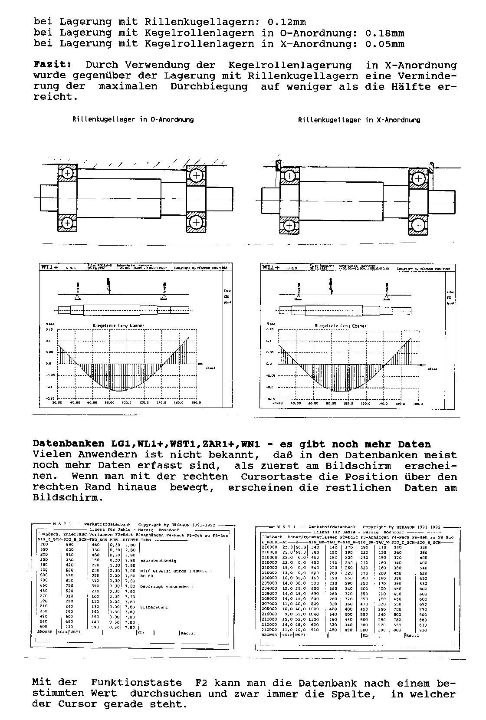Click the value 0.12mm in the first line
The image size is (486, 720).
point(286,22)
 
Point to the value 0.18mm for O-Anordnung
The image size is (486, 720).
point(385,33)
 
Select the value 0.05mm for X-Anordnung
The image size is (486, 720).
point(385,44)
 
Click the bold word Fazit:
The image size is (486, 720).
point(53,65)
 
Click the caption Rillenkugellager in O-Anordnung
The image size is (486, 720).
point(133,119)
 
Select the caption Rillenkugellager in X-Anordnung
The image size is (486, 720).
point(359,120)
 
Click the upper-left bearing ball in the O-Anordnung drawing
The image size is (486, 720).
point(68,174)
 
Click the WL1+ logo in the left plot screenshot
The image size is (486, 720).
point(49,268)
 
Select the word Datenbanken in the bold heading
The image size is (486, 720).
point(68,444)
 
